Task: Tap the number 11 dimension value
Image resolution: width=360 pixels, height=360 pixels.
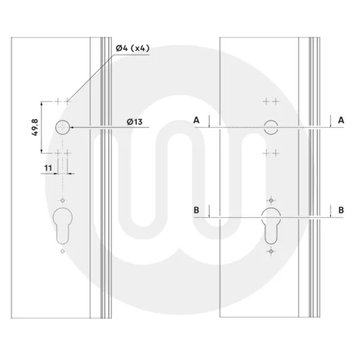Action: pyautogui.click(x=48, y=168)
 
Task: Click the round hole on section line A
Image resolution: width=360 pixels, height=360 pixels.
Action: pyautogui.click(x=270, y=128)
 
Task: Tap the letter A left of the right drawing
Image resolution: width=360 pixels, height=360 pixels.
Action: pyautogui.click(x=196, y=119)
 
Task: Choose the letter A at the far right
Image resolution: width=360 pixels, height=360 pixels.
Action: pyautogui.click(x=341, y=119)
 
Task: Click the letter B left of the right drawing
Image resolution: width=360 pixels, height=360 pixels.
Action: pyautogui.click(x=196, y=209)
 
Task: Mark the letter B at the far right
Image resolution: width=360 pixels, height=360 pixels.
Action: pyautogui.click(x=341, y=209)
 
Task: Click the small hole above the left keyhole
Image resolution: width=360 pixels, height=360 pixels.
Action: pyautogui.click(x=62, y=200)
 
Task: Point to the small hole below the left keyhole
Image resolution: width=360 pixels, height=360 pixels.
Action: pyautogui.click(x=62, y=251)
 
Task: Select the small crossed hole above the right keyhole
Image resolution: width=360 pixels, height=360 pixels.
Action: pyautogui.click(x=270, y=200)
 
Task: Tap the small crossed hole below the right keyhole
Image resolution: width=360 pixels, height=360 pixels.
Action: pyautogui.click(x=270, y=251)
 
